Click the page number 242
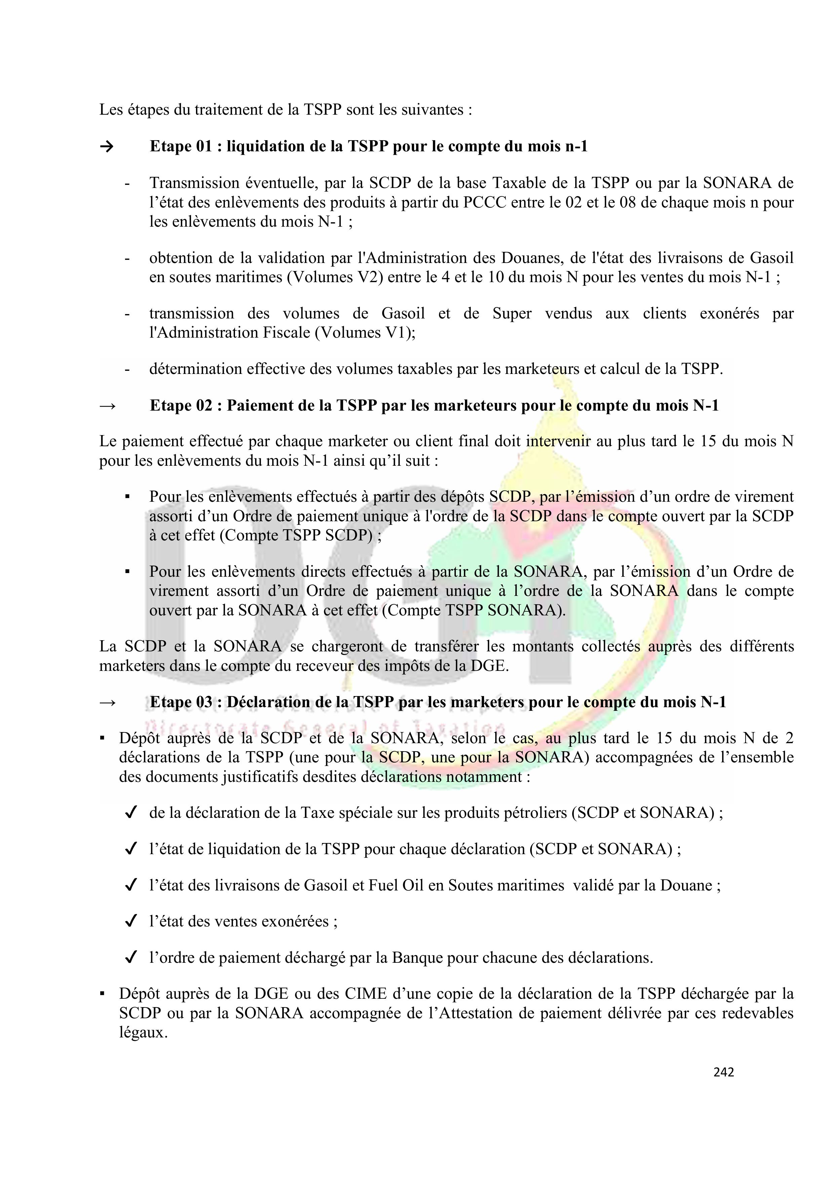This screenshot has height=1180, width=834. click(x=723, y=1072)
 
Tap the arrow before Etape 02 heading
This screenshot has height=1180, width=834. click(x=107, y=406)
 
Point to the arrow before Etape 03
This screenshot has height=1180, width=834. click(x=107, y=702)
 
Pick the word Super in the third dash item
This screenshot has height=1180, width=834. click(x=512, y=313)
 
